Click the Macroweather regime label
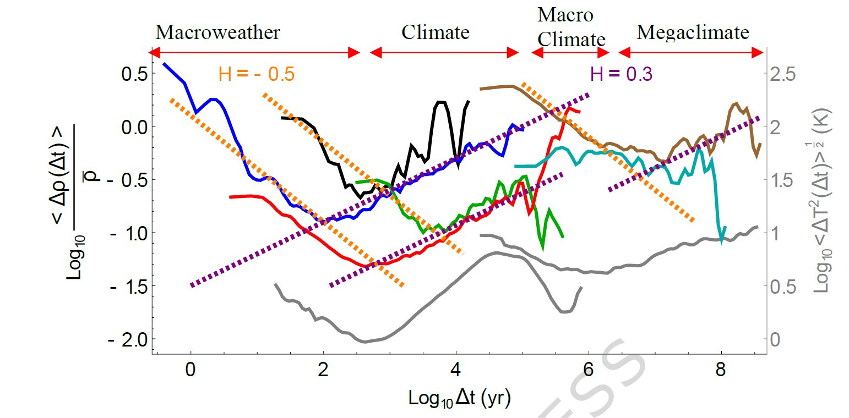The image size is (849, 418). click(217, 32)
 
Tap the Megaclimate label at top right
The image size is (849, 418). click(693, 32)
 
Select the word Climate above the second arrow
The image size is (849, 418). click(435, 32)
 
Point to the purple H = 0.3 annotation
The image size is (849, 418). click(621, 74)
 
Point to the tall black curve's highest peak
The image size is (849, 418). click(440, 102)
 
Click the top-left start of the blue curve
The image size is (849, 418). click(164, 64)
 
